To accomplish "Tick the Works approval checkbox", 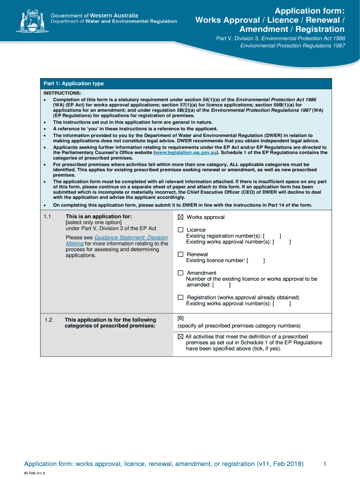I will (180, 217).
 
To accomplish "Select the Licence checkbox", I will (180, 230).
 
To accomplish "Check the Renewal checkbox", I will (180, 254).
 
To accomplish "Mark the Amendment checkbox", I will (180, 273).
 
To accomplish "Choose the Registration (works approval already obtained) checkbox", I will (180, 297).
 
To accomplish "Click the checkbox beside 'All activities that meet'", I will (180, 336).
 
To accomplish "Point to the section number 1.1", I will (47, 217).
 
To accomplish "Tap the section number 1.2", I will (48, 320).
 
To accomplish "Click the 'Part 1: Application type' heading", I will (74, 83).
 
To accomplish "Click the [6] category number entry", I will (180, 318).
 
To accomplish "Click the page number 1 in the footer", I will (324, 464).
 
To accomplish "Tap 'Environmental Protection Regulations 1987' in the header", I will (293, 46).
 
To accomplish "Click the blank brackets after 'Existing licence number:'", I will (256, 261).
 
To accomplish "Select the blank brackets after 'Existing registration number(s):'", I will (272, 236).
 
